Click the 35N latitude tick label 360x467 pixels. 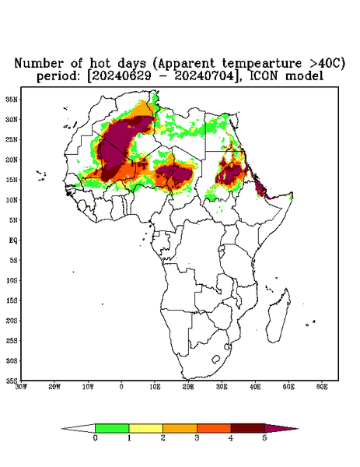12,100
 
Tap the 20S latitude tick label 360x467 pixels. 12,321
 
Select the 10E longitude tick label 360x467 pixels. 155,387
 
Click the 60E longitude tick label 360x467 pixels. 322,387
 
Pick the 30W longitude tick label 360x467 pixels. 21,387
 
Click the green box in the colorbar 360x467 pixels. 112,428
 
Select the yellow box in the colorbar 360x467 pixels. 145,428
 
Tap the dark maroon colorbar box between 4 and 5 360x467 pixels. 248,428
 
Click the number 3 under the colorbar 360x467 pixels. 197,438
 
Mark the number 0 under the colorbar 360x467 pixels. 95,438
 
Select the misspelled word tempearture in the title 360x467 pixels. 262,64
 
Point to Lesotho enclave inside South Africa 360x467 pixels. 215,359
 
